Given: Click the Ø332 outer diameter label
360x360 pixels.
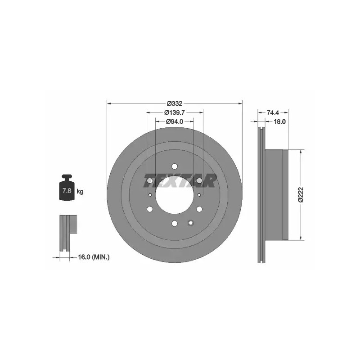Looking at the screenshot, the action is click(175, 103).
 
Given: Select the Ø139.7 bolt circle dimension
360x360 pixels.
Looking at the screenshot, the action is click(175, 112).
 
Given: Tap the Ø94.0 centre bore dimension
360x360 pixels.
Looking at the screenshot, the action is click(175, 121).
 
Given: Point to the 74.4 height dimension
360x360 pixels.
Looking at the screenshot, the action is click(273, 112).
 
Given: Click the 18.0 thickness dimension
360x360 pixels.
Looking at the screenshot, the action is click(279, 121).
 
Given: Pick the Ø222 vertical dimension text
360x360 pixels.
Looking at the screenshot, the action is click(301, 195).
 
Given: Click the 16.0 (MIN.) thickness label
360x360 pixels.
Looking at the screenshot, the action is click(94, 257).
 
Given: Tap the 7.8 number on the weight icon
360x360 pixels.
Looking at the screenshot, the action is click(67, 190).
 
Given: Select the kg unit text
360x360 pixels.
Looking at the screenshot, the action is click(80, 191).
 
